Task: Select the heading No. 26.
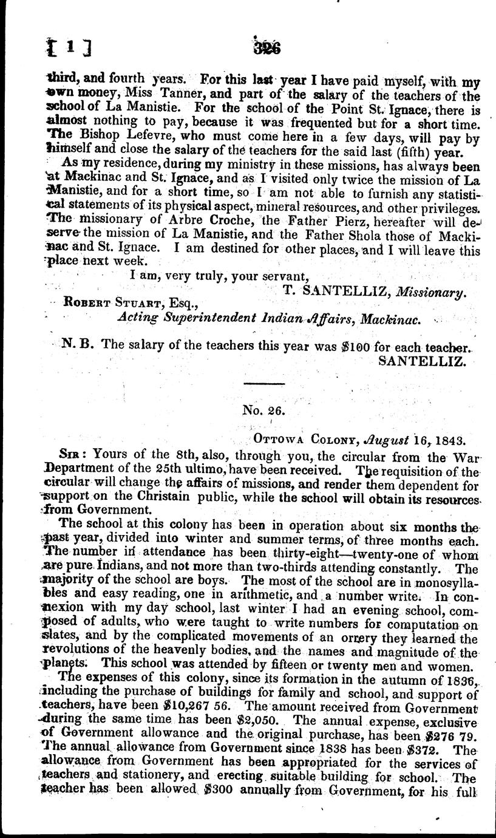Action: pyautogui.click(x=263, y=410)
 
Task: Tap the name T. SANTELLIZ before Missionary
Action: pyautogui.click(x=336, y=291)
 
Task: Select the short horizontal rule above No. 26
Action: pyautogui.click(x=263, y=383)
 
